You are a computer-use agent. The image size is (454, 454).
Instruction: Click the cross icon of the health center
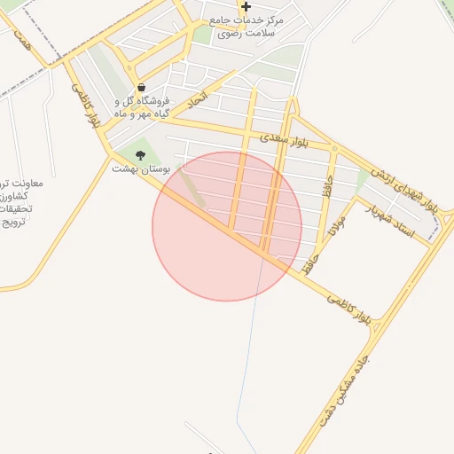pos(246,6)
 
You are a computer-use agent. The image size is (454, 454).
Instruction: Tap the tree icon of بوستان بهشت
pos(140,155)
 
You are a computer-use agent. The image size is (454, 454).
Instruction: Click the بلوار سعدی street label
pos(285,141)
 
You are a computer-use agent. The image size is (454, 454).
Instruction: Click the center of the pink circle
pos(227,226)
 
